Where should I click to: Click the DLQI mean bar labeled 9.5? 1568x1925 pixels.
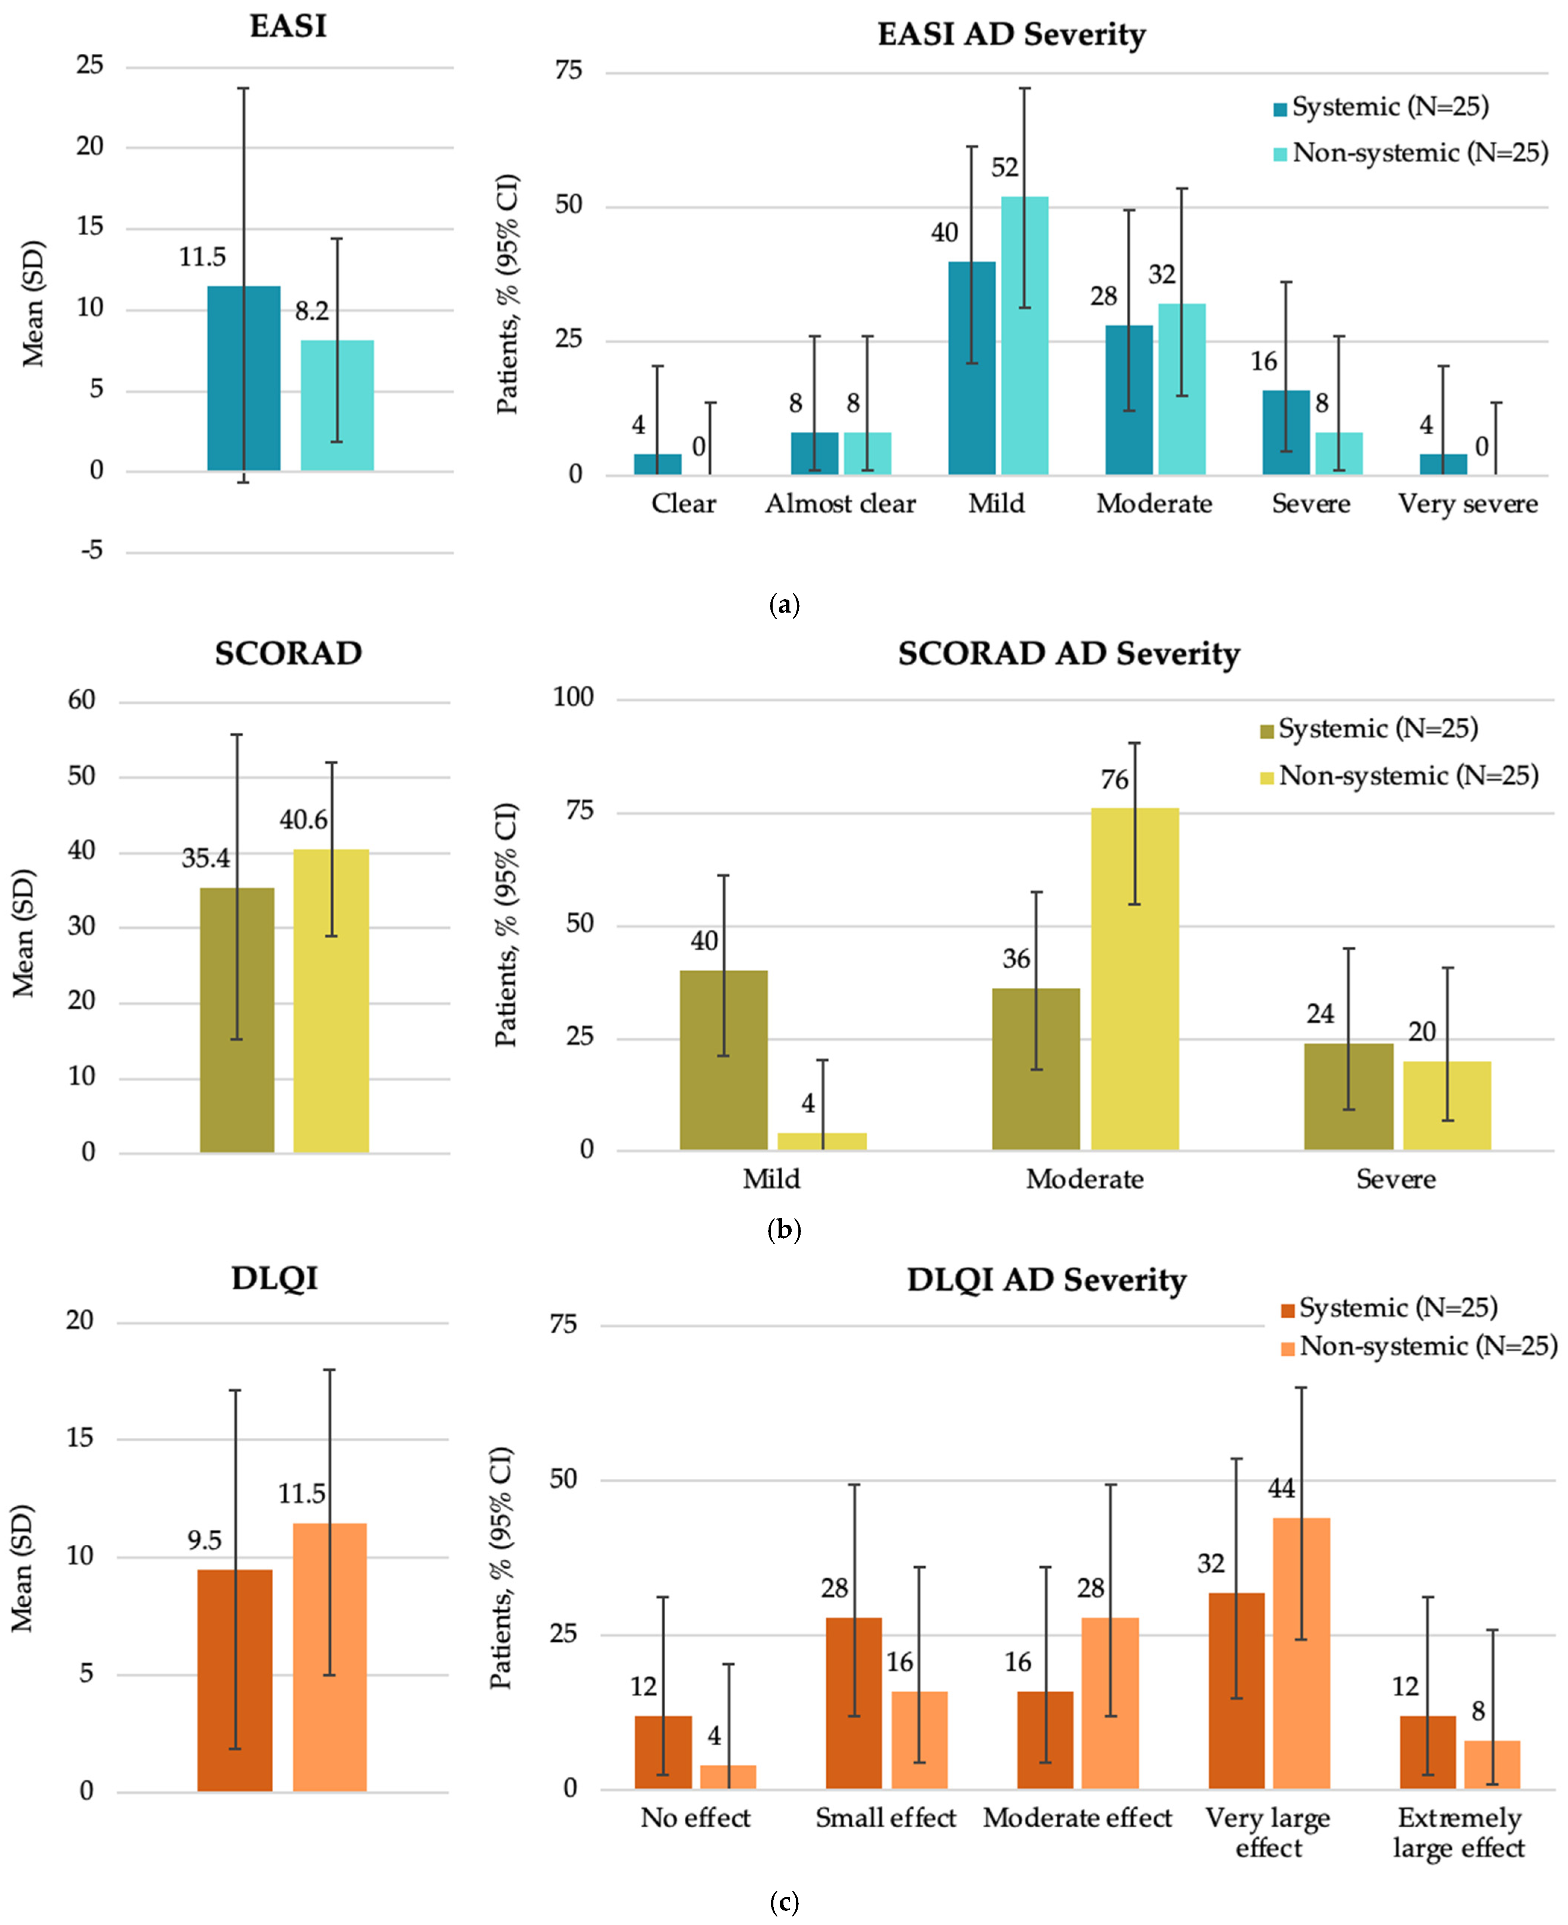click(x=235, y=1680)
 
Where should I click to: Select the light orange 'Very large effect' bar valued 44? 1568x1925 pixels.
click(x=1302, y=1653)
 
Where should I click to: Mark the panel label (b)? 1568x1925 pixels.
click(x=783, y=1229)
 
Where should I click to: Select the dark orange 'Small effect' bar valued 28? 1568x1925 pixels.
click(x=854, y=1703)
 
